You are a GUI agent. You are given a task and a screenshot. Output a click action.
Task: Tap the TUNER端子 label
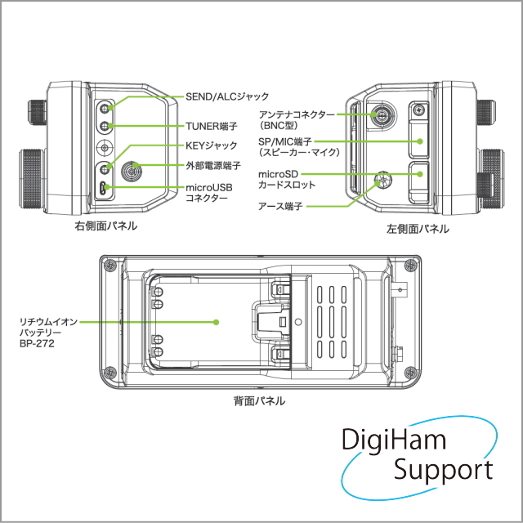pos(212,127)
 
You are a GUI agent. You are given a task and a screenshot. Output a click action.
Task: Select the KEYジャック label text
pos(212,145)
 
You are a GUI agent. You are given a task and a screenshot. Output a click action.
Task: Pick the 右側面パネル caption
pos(105,226)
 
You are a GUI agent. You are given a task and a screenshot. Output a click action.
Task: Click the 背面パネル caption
pos(260,400)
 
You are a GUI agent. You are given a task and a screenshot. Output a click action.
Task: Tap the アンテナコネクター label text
pos(296,115)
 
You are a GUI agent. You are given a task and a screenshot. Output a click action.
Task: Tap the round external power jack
pos(130,172)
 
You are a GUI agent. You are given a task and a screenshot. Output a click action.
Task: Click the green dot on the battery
pos(216,322)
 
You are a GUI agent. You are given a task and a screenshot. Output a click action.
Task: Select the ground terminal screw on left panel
pos(381,180)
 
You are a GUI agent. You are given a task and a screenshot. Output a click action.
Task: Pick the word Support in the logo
pos(443,470)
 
